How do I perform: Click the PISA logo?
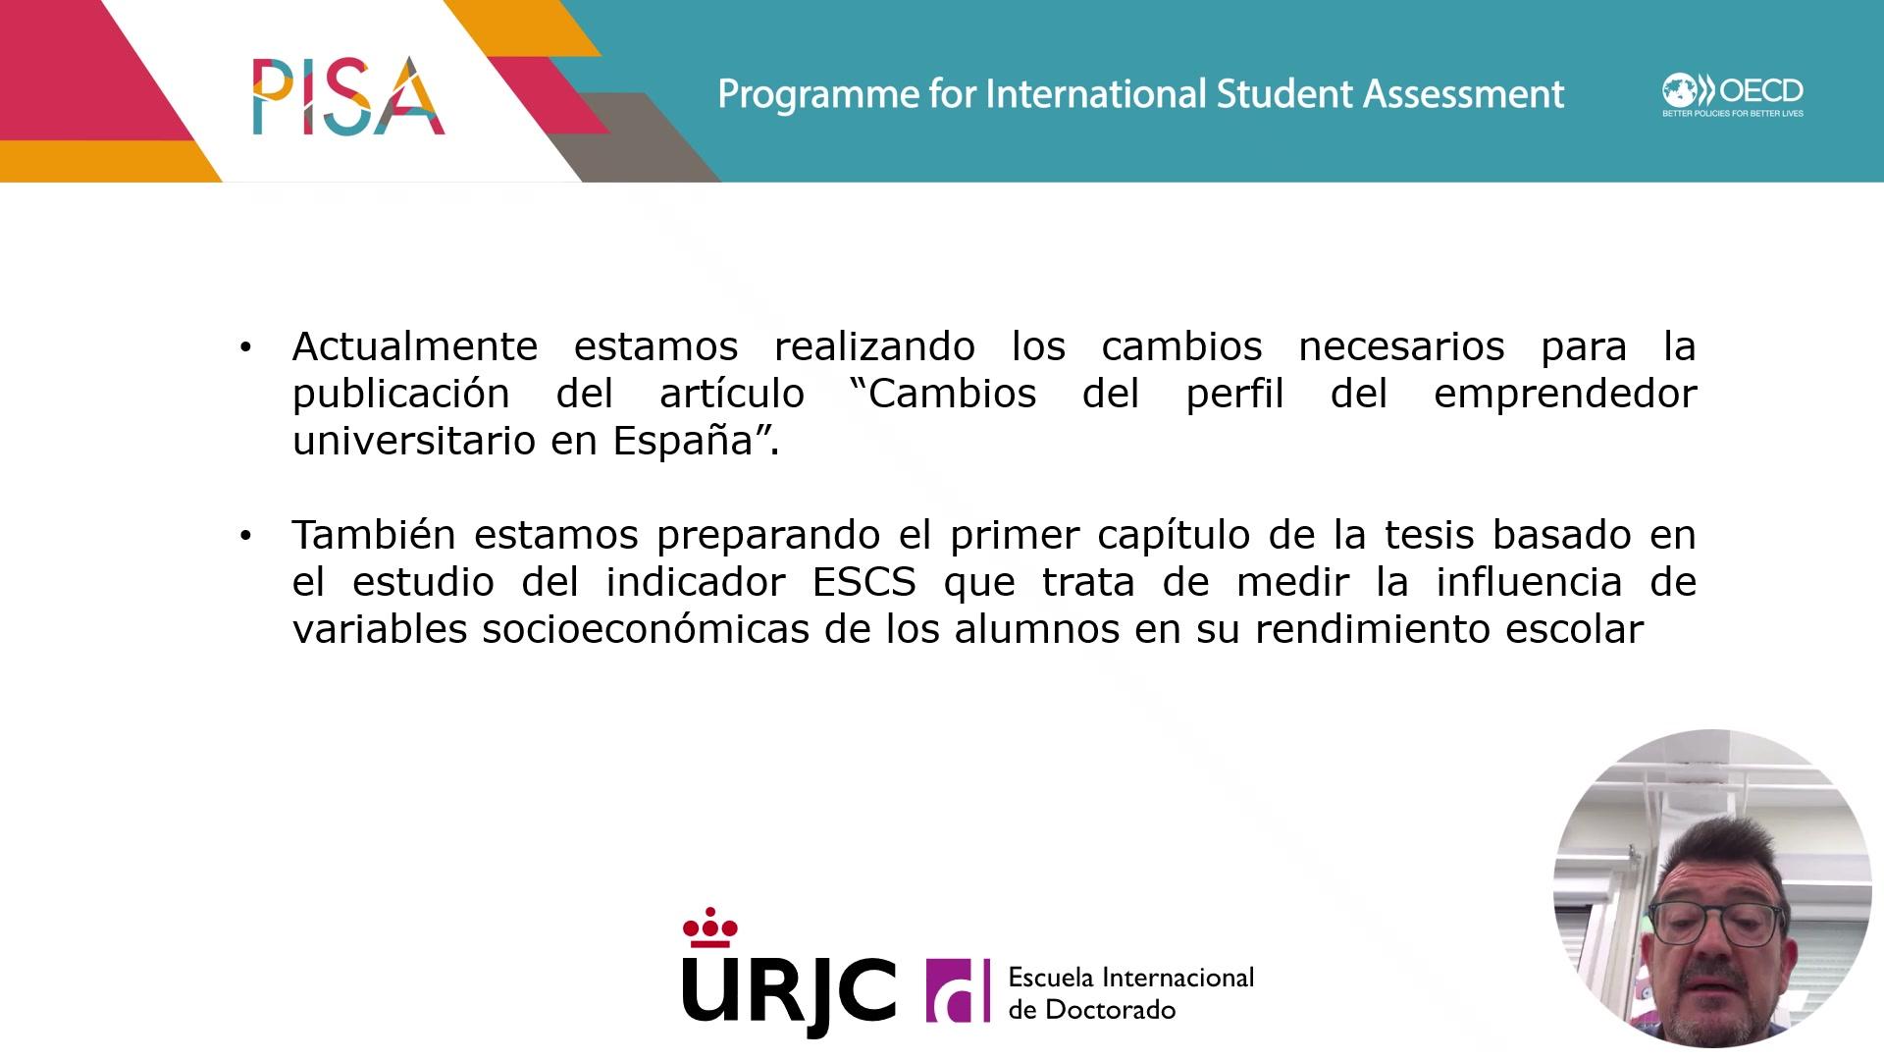(x=348, y=95)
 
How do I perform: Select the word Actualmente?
(x=415, y=346)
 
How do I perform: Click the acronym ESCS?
(x=864, y=582)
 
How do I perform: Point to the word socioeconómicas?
(x=647, y=629)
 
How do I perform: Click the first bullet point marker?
(x=245, y=346)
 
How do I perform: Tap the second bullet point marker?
(x=245, y=535)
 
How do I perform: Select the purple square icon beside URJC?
(x=958, y=990)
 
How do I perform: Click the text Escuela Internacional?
(x=1131, y=978)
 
